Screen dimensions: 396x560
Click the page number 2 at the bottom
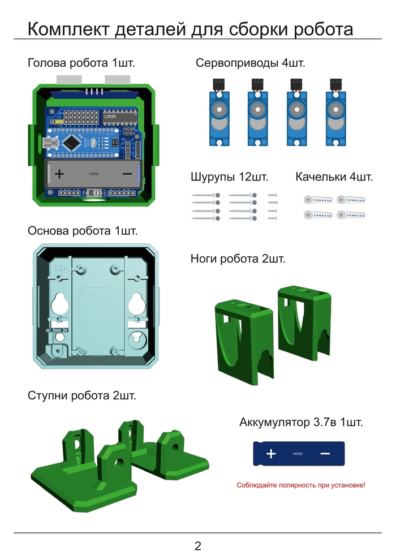pos(198,546)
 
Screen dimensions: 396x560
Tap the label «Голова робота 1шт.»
pos(81,63)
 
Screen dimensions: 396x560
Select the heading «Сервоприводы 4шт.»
pos(250,63)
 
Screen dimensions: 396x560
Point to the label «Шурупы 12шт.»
pos(229,177)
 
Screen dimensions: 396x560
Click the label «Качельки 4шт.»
pos(334,177)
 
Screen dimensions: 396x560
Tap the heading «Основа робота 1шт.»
pos(83,231)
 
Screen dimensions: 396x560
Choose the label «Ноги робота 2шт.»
pos(238,259)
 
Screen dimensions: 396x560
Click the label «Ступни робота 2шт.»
pos(82,396)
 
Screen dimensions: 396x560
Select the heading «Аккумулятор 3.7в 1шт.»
pos(301,422)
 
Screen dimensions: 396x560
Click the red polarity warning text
pos(300,485)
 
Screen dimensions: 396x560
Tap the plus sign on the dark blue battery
pos(271,454)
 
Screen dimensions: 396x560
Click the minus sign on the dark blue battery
pos(325,454)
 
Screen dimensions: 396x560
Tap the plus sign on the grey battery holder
pos(59,174)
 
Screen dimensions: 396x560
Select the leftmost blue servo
pos(219,113)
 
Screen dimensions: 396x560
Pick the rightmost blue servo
pos(335,113)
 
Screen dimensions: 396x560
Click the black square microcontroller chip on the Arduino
pos(72,143)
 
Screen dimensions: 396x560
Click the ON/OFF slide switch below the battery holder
pos(95,192)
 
